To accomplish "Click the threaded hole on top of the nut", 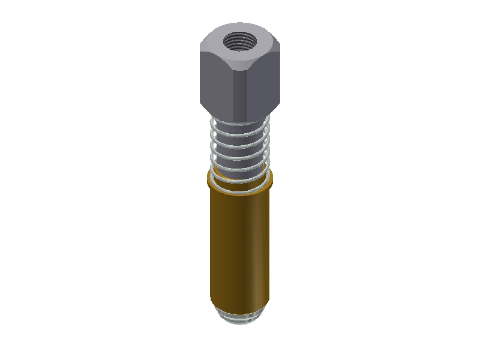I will click(x=240, y=42).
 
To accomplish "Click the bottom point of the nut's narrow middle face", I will click(x=239, y=119).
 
